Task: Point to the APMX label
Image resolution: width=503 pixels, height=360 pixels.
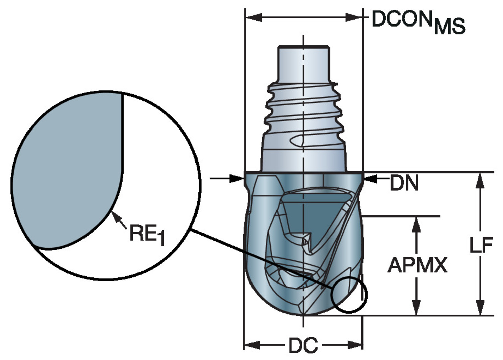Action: pyautogui.click(x=417, y=265)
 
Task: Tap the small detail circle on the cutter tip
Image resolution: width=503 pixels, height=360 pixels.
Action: pyautogui.click(x=349, y=295)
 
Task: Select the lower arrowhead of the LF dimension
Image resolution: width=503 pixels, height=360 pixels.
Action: pyautogui.click(x=480, y=308)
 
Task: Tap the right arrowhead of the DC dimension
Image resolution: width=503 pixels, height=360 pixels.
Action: pyautogui.click(x=355, y=345)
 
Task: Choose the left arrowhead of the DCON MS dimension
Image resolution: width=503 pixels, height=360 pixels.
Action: pyautogui.click(x=254, y=17)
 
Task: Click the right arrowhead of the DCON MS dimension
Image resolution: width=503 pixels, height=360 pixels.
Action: pyautogui.click(x=354, y=17)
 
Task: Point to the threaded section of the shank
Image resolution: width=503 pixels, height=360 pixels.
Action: pyautogui.click(x=303, y=111)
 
